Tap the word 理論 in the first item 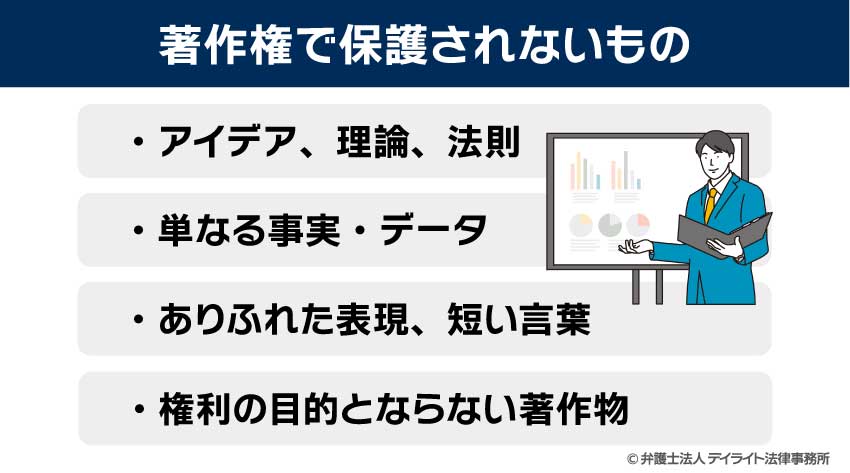(366, 143)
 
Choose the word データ (436, 232)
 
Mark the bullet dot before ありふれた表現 (138, 322)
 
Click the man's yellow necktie (710, 204)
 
